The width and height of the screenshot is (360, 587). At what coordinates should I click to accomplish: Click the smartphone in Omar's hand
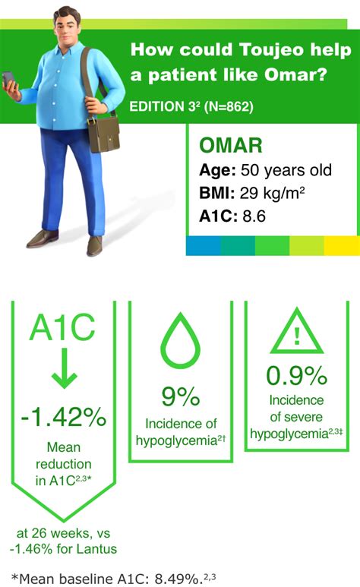tap(8, 79)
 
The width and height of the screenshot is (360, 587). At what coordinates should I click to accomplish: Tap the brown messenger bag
tap(103, 134)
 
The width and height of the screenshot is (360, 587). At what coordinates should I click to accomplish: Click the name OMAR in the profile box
tap(231, 146)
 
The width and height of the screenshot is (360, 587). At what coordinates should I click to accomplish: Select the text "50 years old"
tap(286, 170)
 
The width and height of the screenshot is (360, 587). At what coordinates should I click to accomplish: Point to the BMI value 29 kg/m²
tap(272, 193)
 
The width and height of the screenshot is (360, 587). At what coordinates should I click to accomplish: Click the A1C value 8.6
tap(254, 216)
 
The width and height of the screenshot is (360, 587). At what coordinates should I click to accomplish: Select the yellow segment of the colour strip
tap(342, 245)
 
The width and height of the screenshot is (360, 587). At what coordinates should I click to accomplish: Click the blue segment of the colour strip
tap(204, 245)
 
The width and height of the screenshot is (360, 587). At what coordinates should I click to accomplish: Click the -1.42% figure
tap(64, 417)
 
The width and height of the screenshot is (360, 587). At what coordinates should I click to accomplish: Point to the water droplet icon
tap(181, 340)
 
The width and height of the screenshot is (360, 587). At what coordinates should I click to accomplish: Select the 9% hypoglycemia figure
tap(181, 396)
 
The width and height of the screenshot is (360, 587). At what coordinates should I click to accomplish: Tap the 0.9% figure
tap(297, 375)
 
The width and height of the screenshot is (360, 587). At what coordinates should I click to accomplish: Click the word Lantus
tap(97, 549)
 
